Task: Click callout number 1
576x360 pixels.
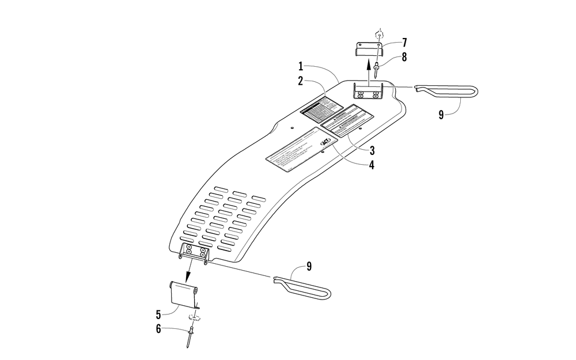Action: tap(301, 67)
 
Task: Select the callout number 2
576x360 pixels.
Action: tap(301, 81)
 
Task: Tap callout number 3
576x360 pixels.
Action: tap(373, 151)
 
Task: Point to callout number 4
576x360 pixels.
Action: tap(373, 165)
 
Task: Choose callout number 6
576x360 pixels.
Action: tap(158, 329)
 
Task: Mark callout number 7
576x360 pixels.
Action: tap(404, 42)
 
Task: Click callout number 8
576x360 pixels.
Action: tap(404, 57)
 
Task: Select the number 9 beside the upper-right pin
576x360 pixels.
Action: tap(441, 115)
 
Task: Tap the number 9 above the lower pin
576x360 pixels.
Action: tap(309, 266)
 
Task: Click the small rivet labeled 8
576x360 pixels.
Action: tap(376, 70)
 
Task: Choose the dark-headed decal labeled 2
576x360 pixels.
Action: tap(321, 107)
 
